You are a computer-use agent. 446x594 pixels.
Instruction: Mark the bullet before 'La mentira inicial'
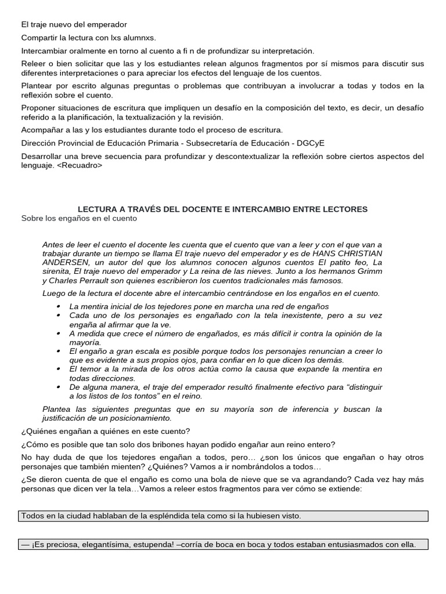pos(60,306)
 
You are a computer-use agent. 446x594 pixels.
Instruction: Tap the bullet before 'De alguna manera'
pos(60,386)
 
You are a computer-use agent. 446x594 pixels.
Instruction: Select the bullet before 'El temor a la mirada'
pos(60,369)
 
